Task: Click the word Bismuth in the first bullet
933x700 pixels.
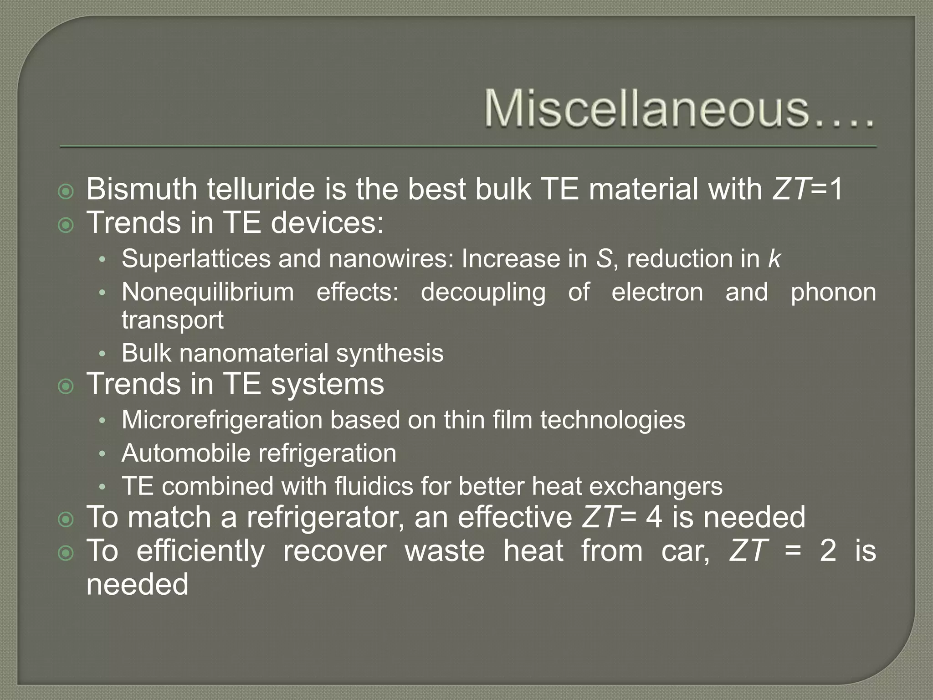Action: (141, 189)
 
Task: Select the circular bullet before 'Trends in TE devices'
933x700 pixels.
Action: (66, 225)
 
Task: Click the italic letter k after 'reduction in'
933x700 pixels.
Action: (774, 259)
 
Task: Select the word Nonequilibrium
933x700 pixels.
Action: (208, 292)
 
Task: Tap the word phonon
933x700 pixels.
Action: (833, 292)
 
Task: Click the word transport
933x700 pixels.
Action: (173, 320)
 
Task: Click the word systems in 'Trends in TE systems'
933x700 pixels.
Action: (328, 384)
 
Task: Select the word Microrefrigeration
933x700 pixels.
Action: (222, 420)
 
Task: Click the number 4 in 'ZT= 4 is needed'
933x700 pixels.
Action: (654, 517)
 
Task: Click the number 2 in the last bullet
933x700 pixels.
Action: (828, 551)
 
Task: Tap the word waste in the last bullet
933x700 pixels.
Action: (444, 551)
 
